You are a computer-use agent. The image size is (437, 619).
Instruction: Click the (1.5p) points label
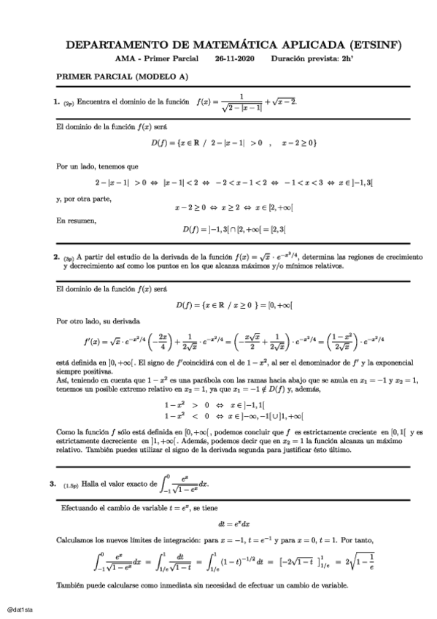click(x=71, y=484)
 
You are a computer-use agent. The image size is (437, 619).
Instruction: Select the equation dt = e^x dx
click(x=235, y=523)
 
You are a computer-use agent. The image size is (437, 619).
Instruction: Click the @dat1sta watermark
click(x=18, y=607)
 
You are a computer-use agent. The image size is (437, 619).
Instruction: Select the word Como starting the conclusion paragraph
click(x=64, y=433)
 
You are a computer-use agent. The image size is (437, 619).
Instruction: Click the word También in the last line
click(x=71, y=586)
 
